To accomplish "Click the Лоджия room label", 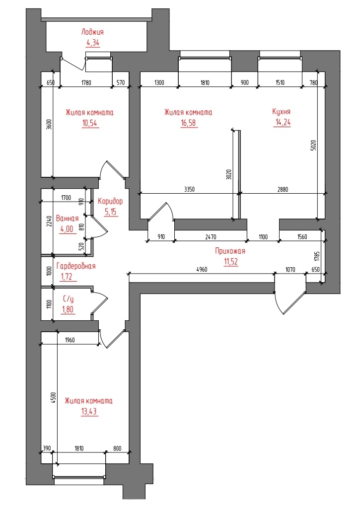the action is pyautogui.click(x=92, y=32).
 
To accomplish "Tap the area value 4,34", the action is pyautogui.click(x=93, y=43).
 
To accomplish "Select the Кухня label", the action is pyautogui.click(x=281, y=112).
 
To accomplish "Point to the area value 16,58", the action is pyautogui.click(x=189, y=123).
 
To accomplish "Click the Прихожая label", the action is pyautogui.click(x=230, y=251).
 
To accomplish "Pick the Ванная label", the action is pyautogui.click(x=67, y=219).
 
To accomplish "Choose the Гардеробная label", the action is pyautogui.click(x=76, y=266).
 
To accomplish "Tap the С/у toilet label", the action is pyautogui.click(x=69, y=299).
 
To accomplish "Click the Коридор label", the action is pyautogui.click(x=110, y=201).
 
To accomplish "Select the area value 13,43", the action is pyautogui.click(x=89, y=412).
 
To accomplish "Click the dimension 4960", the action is pyautogui.click(x=202, y=270).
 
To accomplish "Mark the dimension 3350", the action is pyautogui.click(x=190, y=189).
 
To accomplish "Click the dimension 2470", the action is pyautogui.click(x=211, y=237).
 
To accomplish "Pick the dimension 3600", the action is pyautogui.click(x=49, y=124).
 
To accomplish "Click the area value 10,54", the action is pyautogui.click(x=90, y=124).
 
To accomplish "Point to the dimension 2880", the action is pyautogui.click(x=283, y=189).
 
